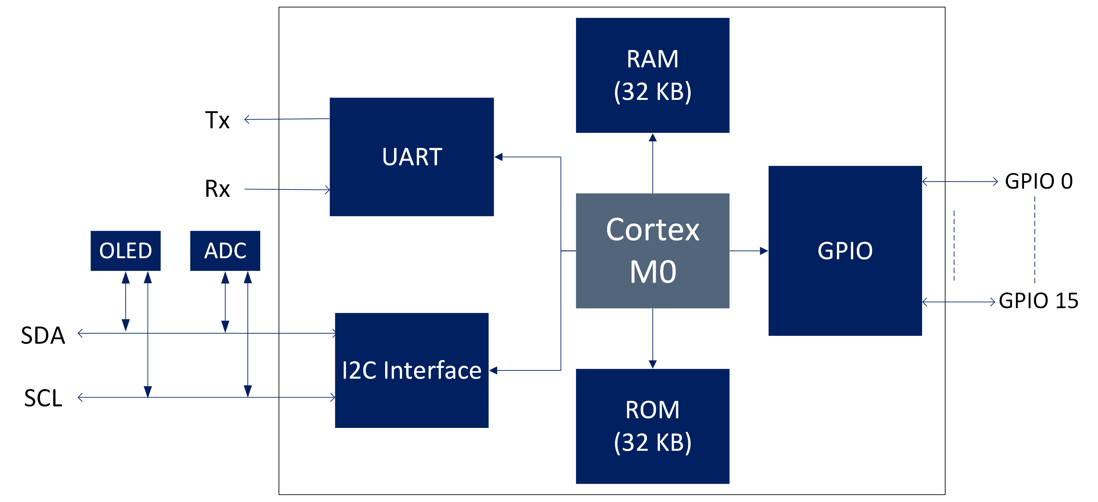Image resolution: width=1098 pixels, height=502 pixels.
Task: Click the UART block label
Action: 412,157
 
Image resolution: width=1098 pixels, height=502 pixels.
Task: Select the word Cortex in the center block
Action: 652,230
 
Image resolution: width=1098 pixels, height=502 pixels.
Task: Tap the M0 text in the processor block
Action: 652,272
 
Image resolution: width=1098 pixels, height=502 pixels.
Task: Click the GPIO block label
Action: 845,251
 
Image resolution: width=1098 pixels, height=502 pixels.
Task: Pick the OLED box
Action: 125,251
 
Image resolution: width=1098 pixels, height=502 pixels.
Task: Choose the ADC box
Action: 225,251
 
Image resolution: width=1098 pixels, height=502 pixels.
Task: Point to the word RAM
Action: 652,59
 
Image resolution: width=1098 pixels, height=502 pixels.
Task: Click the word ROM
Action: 652,410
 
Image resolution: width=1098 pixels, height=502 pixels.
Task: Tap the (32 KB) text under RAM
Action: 652,92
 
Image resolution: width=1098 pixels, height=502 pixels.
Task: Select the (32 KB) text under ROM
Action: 652,442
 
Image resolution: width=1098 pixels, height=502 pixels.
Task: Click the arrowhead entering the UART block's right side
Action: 499,157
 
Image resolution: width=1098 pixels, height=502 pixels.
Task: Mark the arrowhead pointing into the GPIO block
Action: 763,251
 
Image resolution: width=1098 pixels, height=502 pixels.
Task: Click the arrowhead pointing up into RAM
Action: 652,138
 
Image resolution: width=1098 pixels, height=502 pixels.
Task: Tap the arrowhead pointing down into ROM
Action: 652,364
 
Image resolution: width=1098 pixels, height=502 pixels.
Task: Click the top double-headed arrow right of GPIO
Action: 960,181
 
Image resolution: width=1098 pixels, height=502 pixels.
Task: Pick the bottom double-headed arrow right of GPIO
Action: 959,302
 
